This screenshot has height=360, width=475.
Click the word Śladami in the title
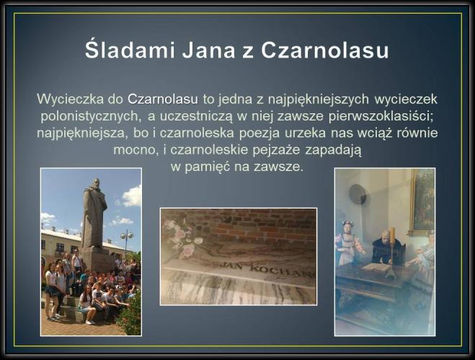pyautogui.click(x=130, y=50)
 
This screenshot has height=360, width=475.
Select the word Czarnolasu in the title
pyautogui.click(x=325, y=51)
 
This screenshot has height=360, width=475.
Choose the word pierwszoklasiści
pyautogui.click(x=381, y=117)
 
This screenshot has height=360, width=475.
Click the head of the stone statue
pyautogui.click(x=95, y=184)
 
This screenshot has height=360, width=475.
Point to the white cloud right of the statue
pyautogui.click(x=132, y=196)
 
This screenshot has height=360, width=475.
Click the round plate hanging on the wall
pyautogui.click(x=358, y=194)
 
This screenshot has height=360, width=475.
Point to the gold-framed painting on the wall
pyautogui.click(x=422, y=202)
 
